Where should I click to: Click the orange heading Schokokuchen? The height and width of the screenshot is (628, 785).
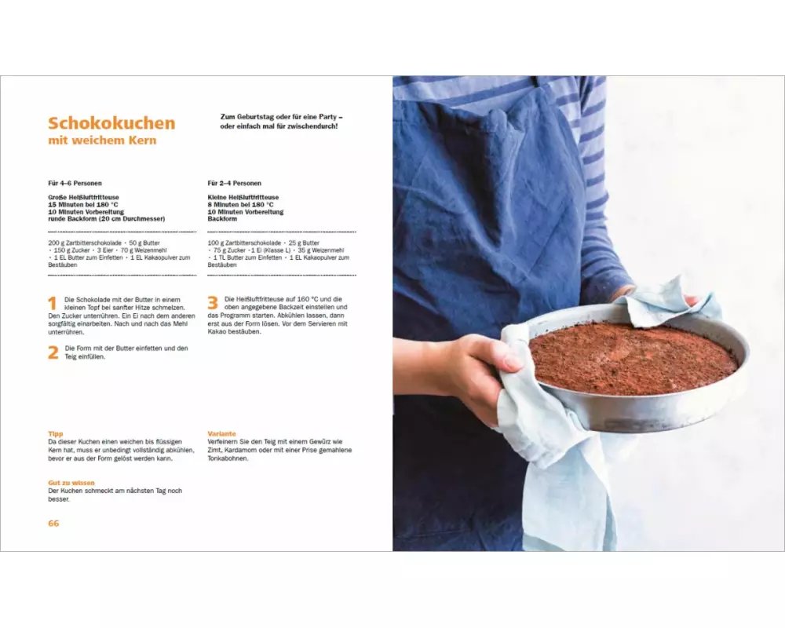[111, 122]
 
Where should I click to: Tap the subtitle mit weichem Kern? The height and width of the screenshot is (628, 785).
[102, 141]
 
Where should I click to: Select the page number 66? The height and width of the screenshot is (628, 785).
[53, 524]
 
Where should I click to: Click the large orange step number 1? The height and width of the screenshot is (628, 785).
[53, 304]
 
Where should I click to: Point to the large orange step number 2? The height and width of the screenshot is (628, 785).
[53, 352]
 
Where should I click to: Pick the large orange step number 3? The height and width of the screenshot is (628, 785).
[213, 303]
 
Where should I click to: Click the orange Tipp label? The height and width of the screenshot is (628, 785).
[56, 433]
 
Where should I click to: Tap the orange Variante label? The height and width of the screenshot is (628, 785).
[222, 433]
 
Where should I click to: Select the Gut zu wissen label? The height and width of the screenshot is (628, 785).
[71, 483]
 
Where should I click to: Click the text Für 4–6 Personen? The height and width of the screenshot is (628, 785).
[75, 183]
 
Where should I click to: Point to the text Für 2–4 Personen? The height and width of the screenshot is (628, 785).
[234, 183]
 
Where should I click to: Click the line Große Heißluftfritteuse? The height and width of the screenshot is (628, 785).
[84, 197]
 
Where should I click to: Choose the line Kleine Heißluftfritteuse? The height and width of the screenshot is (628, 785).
[243, 197]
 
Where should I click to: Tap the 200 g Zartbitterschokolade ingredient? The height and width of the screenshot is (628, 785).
[85, 243]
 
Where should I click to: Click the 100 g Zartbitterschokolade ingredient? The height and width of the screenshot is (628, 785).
[244, 243]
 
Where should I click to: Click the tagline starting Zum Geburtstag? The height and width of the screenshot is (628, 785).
[281, 122]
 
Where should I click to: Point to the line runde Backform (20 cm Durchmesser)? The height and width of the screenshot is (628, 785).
[107, 219]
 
